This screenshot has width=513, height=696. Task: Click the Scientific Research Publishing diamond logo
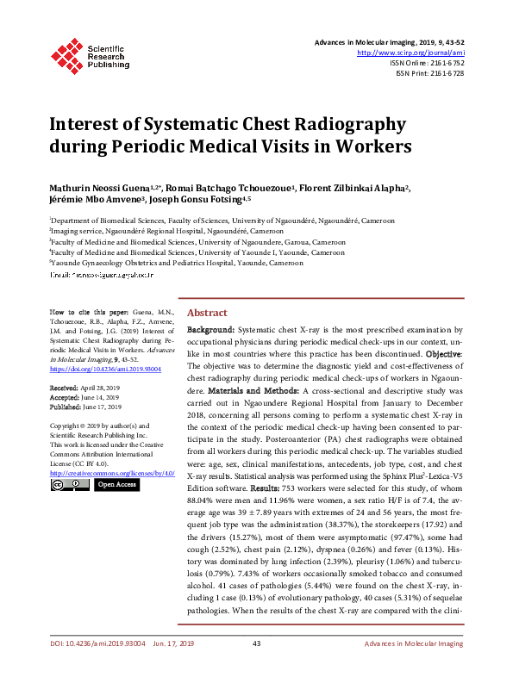67,53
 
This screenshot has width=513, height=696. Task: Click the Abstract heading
207,313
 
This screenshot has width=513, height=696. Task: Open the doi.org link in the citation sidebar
89,368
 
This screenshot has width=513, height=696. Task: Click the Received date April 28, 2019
98,389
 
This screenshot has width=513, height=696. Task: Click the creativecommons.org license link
112,473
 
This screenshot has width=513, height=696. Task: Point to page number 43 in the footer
256,668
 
